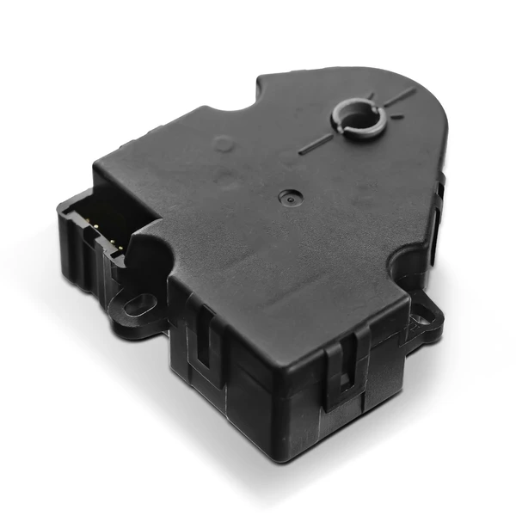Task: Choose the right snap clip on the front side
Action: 344,370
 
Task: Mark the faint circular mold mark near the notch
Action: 224,144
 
